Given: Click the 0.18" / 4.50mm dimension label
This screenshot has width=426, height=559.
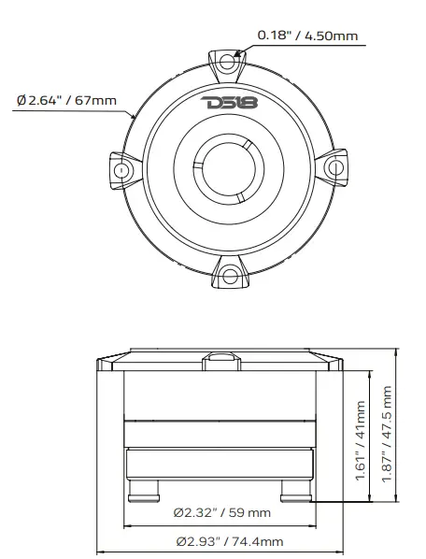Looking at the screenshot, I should coord(307,36).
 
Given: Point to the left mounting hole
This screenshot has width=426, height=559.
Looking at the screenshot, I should coord(121,172).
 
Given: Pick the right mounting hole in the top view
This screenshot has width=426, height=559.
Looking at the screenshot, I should coord(334,166).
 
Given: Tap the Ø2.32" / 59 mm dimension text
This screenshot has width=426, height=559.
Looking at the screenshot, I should coord(222,512).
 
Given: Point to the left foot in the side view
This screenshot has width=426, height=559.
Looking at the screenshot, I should coord(145,490).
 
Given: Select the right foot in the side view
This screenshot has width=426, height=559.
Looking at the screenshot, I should coord(294,490).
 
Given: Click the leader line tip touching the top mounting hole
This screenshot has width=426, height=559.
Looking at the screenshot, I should coord(238,54).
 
